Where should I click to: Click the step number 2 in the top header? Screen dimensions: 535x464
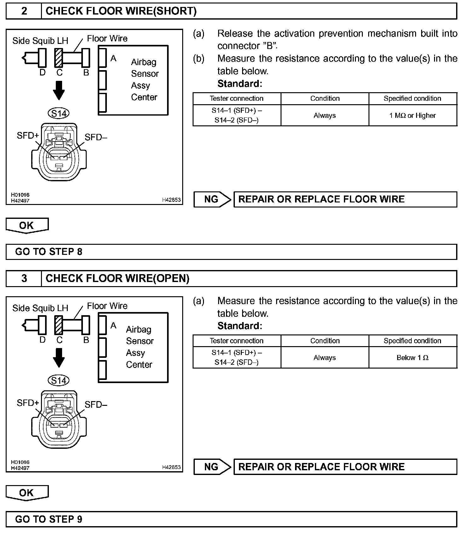[24, 11]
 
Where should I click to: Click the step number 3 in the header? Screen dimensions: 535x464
[24, 278]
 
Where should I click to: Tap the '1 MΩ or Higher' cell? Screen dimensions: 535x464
[412, 116]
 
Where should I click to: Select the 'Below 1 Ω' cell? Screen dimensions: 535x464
[412, 358]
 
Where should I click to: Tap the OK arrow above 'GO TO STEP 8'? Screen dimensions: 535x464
[27, 225]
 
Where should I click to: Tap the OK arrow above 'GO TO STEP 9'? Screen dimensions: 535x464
[27, 493]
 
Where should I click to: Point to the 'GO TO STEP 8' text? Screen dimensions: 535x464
[49, 252]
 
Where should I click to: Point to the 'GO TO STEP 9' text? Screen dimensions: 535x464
[49, 519]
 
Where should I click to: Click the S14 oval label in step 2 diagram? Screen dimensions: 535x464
[59, 113]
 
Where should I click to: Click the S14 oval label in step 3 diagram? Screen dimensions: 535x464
[59, 380]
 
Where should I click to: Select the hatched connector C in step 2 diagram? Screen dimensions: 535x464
[59, 58]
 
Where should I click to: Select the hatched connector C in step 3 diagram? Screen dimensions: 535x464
[59, 325]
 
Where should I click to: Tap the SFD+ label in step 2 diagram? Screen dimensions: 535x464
[28, 135]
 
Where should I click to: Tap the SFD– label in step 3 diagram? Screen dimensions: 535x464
[96, 405]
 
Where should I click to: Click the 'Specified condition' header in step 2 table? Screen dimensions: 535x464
[412, 99]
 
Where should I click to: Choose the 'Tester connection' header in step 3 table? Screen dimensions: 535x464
[236, 341]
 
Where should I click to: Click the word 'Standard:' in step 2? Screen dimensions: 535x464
[240, 84]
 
